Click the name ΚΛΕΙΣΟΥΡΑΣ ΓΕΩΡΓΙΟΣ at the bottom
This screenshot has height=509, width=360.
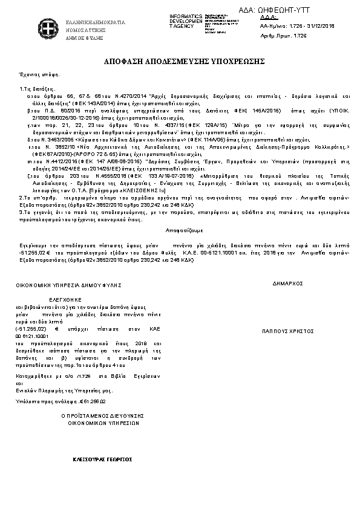[x=102, y=459]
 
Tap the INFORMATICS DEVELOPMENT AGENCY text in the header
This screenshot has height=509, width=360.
[x=186, y=21]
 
